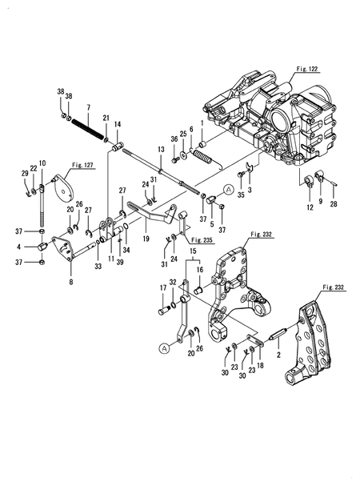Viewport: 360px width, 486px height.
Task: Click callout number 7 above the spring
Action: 88,107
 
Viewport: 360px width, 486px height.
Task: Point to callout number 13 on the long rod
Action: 161,149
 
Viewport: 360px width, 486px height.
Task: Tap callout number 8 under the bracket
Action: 70,282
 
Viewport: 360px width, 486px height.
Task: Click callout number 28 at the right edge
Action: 335,206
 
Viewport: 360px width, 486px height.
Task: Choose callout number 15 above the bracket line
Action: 192,252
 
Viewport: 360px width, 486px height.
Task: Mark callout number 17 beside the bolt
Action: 163,288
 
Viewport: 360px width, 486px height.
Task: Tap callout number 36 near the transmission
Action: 173,139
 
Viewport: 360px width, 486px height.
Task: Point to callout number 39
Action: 119,262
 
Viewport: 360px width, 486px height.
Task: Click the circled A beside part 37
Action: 229,191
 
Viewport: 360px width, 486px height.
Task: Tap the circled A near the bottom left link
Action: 164,347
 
